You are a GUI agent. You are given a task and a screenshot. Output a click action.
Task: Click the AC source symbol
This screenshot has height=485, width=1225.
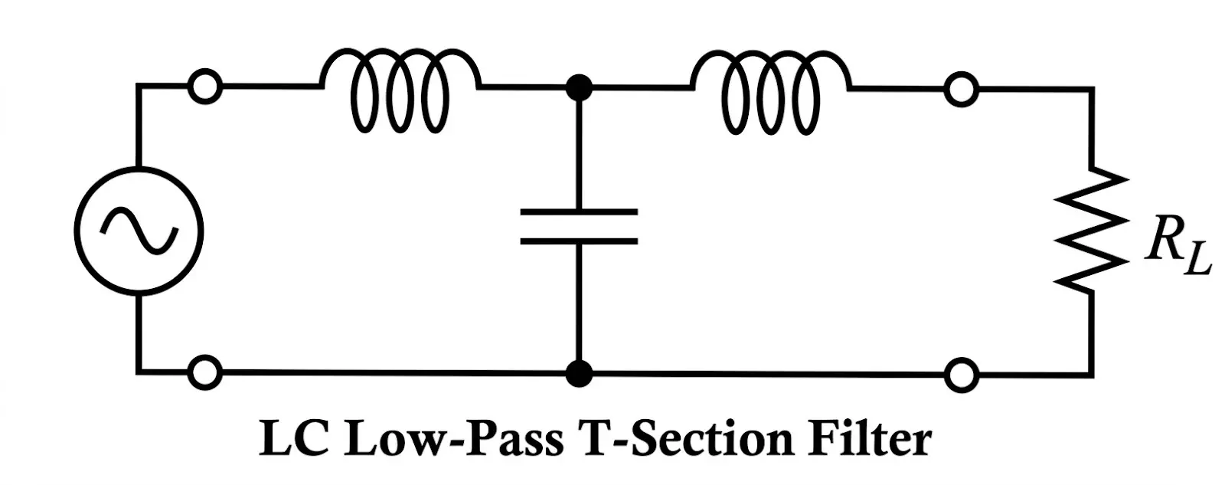(139, 230)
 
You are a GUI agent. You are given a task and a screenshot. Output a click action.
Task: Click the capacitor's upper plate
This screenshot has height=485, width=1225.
(578, 211)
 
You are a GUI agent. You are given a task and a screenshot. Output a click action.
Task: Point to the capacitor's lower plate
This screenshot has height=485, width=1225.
(578, 241)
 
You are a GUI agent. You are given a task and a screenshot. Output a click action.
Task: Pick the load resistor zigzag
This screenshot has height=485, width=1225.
(1090, 230)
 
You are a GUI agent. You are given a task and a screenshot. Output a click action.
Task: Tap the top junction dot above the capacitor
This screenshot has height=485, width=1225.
(579, 87)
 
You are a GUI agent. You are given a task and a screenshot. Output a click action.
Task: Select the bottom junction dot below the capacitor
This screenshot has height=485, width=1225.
(579, 375)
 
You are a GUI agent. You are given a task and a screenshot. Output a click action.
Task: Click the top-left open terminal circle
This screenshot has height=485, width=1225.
(205, 87)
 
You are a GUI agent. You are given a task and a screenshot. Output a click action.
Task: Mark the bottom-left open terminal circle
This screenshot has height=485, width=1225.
(205, 373)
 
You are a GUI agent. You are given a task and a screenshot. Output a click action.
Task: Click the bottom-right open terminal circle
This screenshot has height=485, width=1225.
(960, 376)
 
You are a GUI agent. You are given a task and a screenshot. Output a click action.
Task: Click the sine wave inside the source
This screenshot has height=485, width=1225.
(139, 230)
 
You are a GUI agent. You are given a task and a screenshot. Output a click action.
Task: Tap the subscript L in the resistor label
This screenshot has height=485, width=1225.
(1198, 262)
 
